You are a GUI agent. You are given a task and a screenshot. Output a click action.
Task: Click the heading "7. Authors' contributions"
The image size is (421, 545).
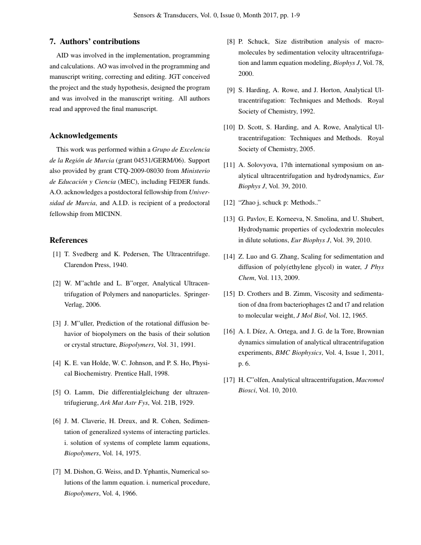[x=95, y=42]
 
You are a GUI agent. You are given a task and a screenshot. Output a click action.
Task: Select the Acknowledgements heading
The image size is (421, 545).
[x=84, y=136]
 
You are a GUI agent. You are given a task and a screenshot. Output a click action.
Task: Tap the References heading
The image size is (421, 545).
[x=69, y=240]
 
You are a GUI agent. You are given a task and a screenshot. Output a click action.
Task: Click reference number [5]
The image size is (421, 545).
[x=57, y=392]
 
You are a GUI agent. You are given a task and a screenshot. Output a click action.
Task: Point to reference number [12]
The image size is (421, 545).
[x=229, y=203]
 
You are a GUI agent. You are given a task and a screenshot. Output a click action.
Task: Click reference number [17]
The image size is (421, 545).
[x=229, y=380]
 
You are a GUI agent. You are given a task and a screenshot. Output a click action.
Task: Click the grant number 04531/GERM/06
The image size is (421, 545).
[x=158, y=161]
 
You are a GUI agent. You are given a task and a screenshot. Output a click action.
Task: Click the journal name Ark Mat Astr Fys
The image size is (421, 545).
[x=124, y=403]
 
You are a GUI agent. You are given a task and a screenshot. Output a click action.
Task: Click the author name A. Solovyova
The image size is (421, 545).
[x=258, y=165]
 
